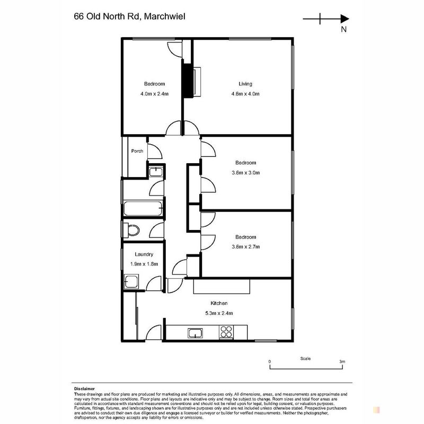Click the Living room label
(245, 84)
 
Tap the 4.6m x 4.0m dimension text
(245, 94)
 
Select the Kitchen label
(219, 303)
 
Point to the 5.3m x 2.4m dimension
(219, 313)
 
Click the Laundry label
(144, 254)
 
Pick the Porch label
(137, 151)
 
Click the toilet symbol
(131, 230)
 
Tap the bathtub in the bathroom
(143, 208)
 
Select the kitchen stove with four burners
(226, 332)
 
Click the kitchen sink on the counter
(195, 333)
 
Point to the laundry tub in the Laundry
(131, 281)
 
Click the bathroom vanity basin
(156, 172)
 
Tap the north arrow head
(344, 19)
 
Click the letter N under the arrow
(343, 29)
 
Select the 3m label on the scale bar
(342, 361)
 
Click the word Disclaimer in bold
(84, 389)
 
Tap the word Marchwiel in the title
(165, 16)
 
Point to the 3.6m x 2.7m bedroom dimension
(245, 246)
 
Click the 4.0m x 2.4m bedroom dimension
(154, 94)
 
